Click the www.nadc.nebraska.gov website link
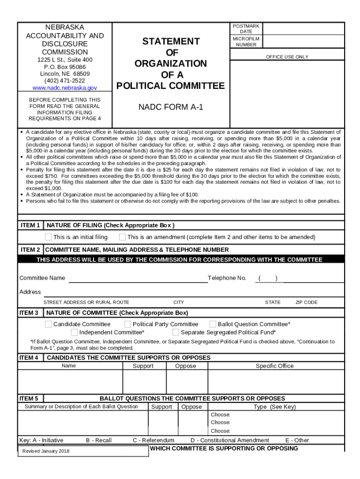65,88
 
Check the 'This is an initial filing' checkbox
48,237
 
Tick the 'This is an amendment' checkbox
122,237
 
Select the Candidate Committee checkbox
48,324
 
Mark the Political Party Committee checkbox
128,324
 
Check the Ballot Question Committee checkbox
213,324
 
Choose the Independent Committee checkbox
74,333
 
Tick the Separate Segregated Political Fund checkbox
176,333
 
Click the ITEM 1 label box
30,225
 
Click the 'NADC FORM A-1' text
171,108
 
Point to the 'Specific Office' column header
274,366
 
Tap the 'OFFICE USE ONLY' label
287,57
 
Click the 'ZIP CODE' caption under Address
306,302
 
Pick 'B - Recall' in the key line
99,440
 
